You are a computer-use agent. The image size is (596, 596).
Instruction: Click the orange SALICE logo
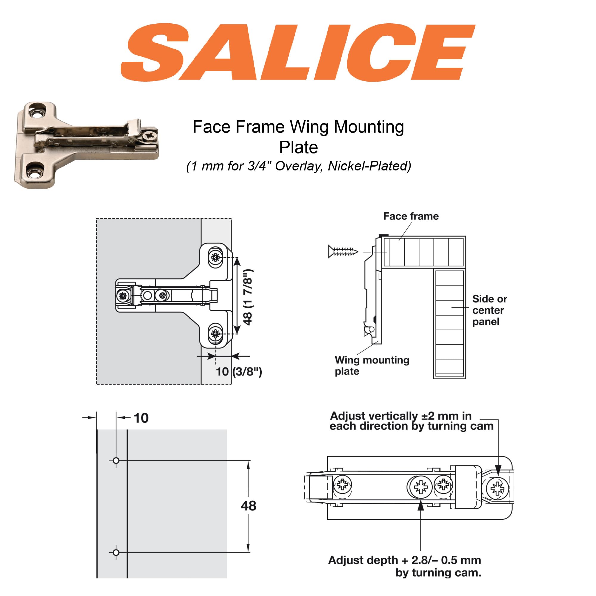tap(298, 52)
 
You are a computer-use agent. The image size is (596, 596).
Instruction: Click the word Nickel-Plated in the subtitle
tap(369, 166)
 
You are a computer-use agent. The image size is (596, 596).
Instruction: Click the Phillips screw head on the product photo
tap(150, 136)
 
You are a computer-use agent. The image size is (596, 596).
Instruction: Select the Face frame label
tap(411, 216)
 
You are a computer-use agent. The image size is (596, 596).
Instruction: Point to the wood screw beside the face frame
tap(343, 252)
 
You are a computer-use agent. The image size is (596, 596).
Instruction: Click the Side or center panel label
tap(489, 310)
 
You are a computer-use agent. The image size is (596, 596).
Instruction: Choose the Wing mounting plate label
tap(371, 366)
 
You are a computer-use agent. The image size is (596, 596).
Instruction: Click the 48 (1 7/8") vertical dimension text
tap(248, 297)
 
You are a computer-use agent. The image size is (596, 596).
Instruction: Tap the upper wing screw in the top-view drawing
tap(215, 257)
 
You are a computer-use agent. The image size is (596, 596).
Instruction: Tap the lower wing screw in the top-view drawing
tap(215, 333)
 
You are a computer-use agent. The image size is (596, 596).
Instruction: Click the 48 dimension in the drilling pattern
tap(248, 506)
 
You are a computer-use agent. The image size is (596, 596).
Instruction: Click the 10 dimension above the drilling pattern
tap(141, 418)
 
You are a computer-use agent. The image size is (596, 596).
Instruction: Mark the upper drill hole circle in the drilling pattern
tap(116, 461)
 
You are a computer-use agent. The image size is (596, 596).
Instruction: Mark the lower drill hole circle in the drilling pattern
tap(116, 552)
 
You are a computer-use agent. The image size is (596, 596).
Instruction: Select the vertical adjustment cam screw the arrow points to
tap(497, 488)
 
